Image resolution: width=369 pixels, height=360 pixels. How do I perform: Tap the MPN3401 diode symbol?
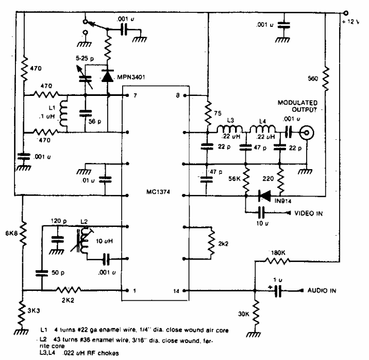107,76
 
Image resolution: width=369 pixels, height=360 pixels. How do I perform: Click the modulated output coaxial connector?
307,134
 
